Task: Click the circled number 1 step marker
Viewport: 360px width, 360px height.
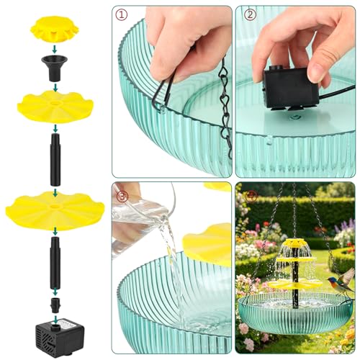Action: (x=122, y=15)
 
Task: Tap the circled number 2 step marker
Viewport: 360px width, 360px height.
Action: (x=250, y=15)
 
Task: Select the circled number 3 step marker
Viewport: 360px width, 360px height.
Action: (x=122, y=197)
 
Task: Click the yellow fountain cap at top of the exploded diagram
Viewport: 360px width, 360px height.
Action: (x=55, y=29)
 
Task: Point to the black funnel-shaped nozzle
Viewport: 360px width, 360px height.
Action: (x=54, y=68)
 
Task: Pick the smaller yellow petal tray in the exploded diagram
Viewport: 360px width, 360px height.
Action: (x=55, y=106)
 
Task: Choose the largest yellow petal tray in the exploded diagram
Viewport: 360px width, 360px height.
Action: (x=55, y=210)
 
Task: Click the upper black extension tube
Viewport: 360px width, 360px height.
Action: (x=55, y=160)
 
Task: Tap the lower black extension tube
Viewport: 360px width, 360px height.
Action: (x=55, y=263)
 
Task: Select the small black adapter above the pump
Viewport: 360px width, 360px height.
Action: (x=55, y=305)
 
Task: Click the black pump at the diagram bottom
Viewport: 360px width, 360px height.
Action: (x=60, y=337)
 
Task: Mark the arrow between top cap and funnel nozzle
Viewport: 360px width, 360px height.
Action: (x=55, y=49)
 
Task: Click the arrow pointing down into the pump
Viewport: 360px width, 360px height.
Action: (x=55, y=320)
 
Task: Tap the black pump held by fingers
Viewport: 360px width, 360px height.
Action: (x=291, y=89)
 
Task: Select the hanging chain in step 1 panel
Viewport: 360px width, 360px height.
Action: (x=225, y=108)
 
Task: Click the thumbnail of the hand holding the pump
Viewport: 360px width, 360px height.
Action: (x=295, y=91)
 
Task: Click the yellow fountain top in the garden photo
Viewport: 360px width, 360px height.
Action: (x=295, y=244)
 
